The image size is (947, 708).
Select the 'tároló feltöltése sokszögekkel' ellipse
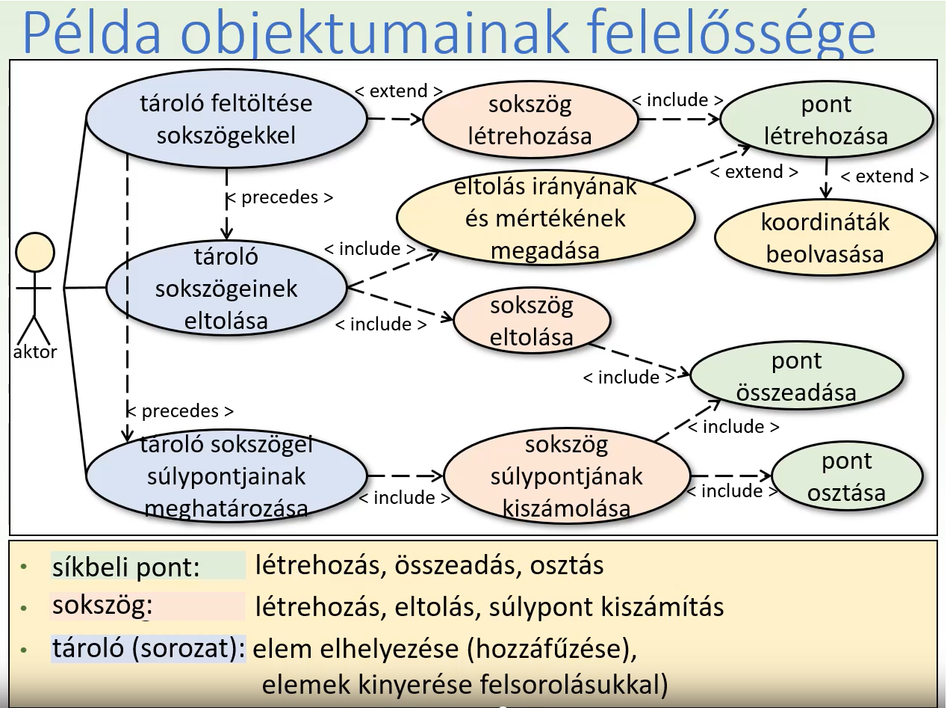pos(226,119)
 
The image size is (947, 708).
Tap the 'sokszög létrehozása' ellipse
pos(530,120)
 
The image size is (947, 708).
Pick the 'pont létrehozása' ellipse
pos(826,120)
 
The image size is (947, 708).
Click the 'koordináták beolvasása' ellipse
pos(825,238)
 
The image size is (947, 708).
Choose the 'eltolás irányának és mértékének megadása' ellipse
pos(545,218)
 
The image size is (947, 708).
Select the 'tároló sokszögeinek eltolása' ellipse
pos(226,288)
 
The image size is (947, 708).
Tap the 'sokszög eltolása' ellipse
pos(532,321)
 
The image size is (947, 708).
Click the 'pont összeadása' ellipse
pos(796,376)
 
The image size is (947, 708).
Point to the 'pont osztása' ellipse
pos(847,477)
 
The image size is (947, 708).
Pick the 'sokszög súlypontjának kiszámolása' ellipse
pos(567,476)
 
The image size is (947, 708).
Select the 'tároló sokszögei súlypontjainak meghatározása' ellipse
pos(226,476)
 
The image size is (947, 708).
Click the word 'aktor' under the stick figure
pos(35,352)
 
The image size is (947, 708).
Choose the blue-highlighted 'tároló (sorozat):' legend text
pos(149,647)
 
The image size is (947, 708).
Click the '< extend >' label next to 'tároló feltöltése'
pos(397,91)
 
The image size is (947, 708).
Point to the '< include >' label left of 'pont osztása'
pos(724,491)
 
